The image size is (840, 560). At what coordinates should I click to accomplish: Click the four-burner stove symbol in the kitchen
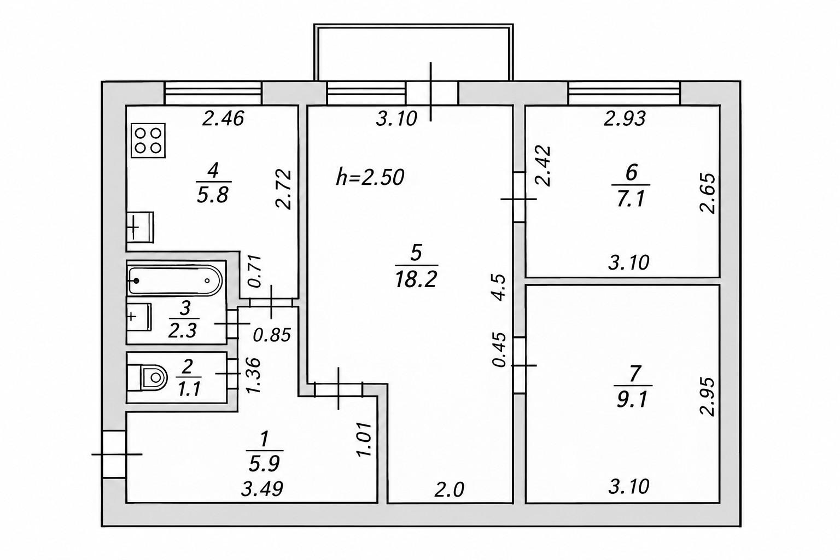pyautogui.click(x=148, y=141)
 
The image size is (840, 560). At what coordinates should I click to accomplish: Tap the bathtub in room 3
pyautogui.click(x=175, y=280)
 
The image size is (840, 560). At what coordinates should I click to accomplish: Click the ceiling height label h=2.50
pyautogui.click(x=370, y=177)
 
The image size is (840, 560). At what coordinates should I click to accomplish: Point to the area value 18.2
pyautogui.click(x=416, y=279)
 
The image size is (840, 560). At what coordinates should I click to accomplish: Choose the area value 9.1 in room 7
pyautogui.click(x=632, y=400)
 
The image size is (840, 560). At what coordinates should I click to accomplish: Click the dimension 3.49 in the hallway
pyautogui.click(x=262, y=489)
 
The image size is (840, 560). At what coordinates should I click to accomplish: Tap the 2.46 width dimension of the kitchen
pyautogui.click(x=223, y=118)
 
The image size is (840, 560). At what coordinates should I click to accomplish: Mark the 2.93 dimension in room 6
pyautogui.click(x=625, y=119)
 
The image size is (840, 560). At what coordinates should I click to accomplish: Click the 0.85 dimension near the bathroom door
pyautogui.click(x=272, y=335)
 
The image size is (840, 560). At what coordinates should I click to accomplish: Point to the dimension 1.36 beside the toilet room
pyautogui.click(x=253, y=375)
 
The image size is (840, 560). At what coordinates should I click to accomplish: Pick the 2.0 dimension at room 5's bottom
pyautogui.click(x=449, y=489)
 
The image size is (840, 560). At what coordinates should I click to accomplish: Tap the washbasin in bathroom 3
pyautogui.click(x=139, y=317)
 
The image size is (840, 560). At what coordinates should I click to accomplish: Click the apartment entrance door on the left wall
pyautogui.click(x=114, y=454)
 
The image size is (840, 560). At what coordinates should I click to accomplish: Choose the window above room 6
pyautogui.click(x=625, y=93)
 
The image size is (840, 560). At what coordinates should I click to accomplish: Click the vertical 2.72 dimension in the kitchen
pyautogui.click(x=283, y=189)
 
